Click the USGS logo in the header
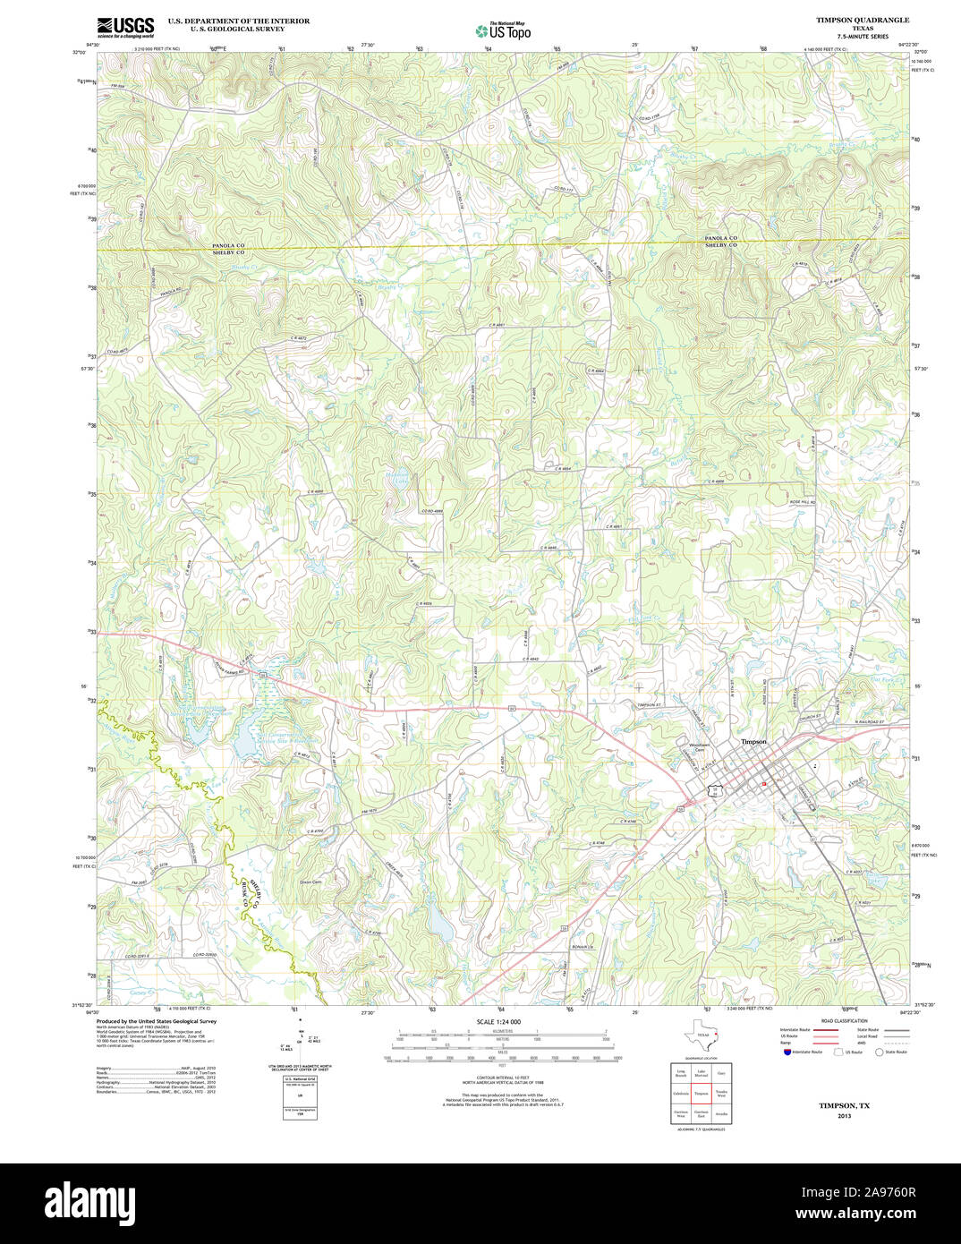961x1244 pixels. coord(125,27)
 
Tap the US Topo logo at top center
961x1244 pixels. coord(503,30)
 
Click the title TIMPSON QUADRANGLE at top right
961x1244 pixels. coord(862,20)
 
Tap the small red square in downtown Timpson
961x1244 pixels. coord(763,783)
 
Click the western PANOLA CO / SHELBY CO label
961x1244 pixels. coord(228,248)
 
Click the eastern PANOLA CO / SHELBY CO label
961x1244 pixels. coord(720,241)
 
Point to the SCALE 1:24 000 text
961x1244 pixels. coord(498,1021)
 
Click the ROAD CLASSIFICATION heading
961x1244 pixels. coord(844,1021)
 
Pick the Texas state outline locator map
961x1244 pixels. coord(697,1035)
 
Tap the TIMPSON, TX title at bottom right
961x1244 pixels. coord(844,1105)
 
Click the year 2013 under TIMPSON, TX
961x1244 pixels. coord(844,1116)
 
